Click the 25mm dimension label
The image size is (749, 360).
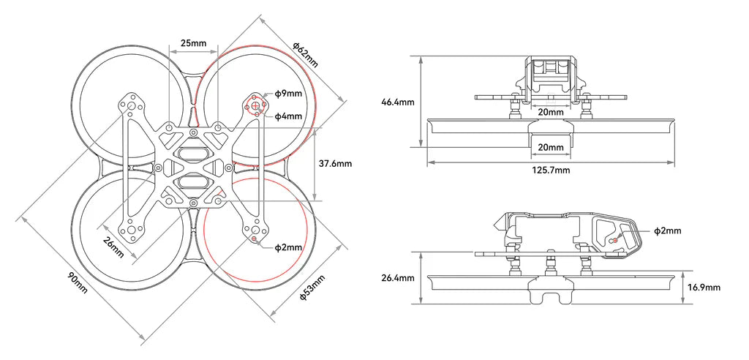click(x=193, y=43)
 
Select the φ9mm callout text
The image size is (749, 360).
click(x=288, y=94)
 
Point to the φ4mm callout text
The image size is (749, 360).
click(x=288, y=116)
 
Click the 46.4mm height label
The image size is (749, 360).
click(x=398, y=102)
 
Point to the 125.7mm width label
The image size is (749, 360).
click(x=550, y=170)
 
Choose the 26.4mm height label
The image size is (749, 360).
click(x=398, y=278)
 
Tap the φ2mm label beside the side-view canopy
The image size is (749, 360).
click(x=667, y=230)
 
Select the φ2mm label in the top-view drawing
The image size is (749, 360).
click(x=288, y=247)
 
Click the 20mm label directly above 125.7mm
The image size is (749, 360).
click(x=550, y=147)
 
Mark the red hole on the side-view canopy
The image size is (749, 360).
click(x=614, y=239)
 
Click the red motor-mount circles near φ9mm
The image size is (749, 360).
click(x=257, y=108)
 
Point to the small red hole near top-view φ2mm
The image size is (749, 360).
click(x=254, y=239)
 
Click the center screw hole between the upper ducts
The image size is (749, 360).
click(x=192, y=132)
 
